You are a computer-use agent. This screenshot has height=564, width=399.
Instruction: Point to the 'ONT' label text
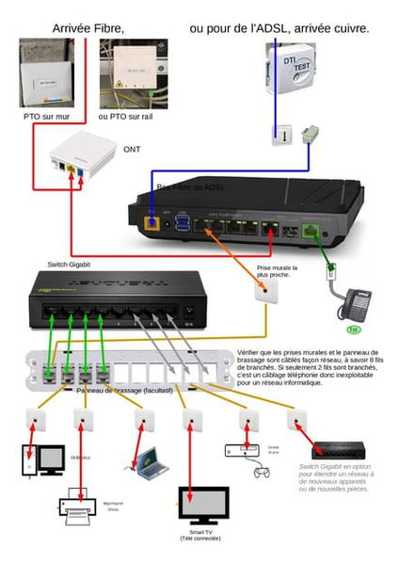(x=132, y=149)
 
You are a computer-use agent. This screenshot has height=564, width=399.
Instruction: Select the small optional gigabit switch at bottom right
(x=342, y=450)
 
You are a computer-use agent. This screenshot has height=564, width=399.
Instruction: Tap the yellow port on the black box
(x=151, y=224)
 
